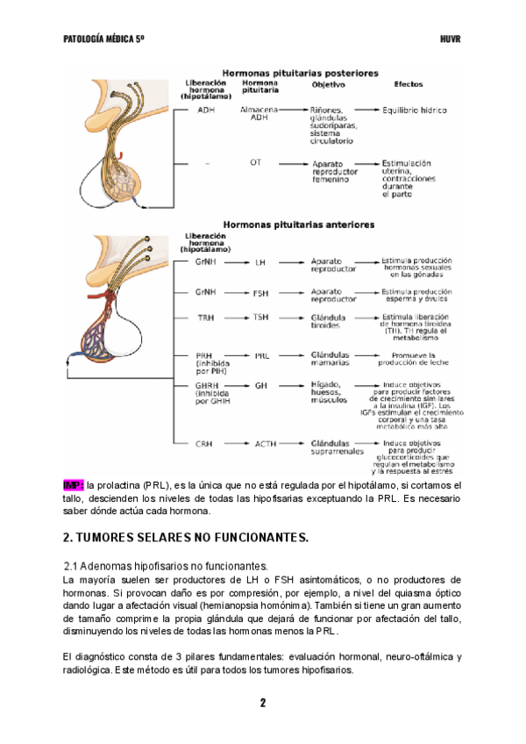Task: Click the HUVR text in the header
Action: pos(450,39)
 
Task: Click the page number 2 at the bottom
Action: pos(262,703)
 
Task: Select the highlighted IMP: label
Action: pos(74,484)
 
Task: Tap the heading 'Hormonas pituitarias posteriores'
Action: pos(300,73)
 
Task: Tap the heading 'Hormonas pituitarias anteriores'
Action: pos(299,225)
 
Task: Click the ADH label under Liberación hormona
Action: pos(206,111)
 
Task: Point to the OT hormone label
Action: pos(255,162)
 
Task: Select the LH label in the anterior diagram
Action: pos(259,262)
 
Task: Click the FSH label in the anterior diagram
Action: pos(260,293)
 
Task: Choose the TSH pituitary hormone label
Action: pos(260,318)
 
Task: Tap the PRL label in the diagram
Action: pos(261,356)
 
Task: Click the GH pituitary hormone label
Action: pos(260,385)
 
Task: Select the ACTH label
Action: pos(265,444)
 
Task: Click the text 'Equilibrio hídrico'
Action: pos(415,111)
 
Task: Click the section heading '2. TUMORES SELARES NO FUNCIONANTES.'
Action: pos(186,537)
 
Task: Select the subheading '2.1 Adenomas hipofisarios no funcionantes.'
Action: pos(166,566)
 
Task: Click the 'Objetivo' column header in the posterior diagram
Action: pos(329,85)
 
